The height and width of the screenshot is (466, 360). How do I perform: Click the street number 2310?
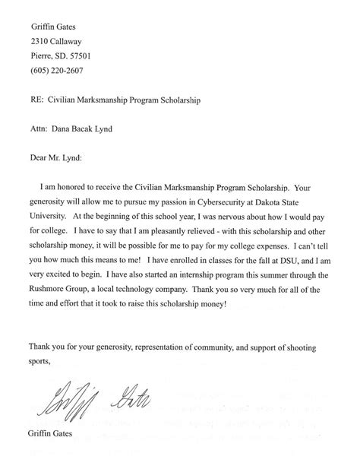[x=40, y=41]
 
